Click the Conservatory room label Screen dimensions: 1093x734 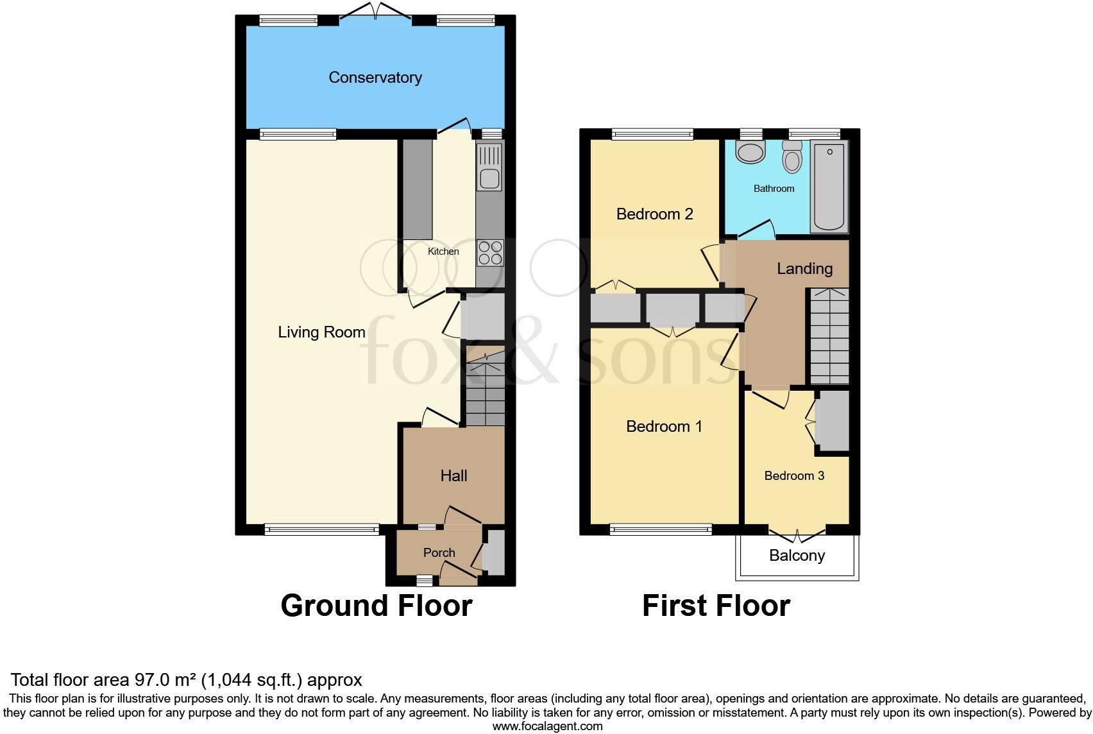click(375, 78)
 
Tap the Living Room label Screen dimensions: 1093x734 click(321, 332)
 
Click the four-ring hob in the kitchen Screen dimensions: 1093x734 click(491, 253)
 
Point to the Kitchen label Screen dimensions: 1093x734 click(443, 252)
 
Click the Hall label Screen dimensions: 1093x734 click(453, 476)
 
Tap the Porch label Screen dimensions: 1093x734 click(439, 552)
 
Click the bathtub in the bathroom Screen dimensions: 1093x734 click(829, 187)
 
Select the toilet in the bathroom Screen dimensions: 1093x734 click(792, 156)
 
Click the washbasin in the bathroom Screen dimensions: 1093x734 click(750, 152)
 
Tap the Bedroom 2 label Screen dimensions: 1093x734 click(654, 214)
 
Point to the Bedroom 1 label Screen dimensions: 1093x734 click(664, 427)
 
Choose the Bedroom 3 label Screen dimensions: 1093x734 click(794, 476)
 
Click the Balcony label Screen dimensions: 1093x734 click(797, 556)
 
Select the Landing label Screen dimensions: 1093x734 click(804, 269)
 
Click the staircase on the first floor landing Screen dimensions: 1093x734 click(829, 336)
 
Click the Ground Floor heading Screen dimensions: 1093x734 click(377, 606)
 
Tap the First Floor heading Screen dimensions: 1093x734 click(716, 606)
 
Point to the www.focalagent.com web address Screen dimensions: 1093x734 click(548, 727)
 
